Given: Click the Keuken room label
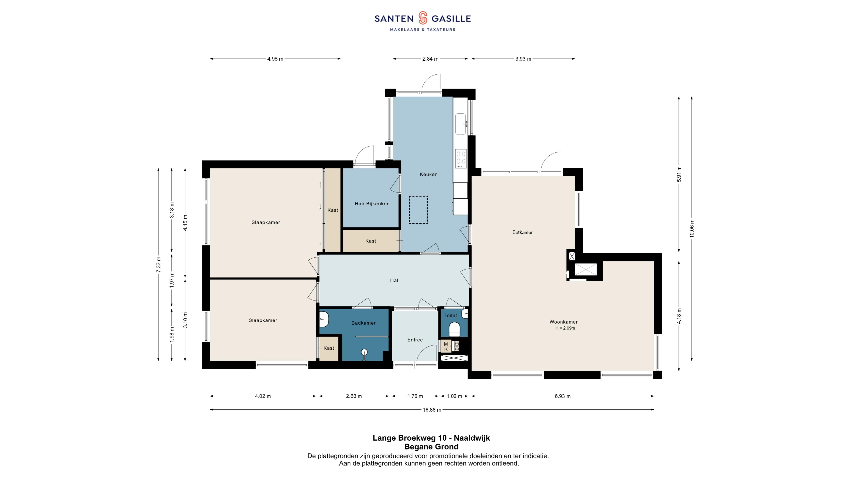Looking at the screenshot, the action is pos(429,174).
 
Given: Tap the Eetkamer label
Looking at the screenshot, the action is pos(522,232).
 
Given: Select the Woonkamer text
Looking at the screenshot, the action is pos(563,322).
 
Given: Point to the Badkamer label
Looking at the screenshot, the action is pos(363,323).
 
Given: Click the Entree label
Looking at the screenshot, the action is pos(415,340).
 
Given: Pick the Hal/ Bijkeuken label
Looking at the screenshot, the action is pos(372,204).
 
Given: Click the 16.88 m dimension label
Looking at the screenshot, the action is pos(432,410).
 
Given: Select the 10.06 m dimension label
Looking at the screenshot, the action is pos(692,228).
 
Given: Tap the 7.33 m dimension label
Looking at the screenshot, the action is pos(158,265).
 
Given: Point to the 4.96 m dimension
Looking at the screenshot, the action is pos(275,59).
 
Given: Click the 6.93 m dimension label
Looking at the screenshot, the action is pos(563,396).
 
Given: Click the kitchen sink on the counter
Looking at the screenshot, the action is pos(461,124).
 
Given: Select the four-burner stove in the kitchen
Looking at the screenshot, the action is pos(461,159).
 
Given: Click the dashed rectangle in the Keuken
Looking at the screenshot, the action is pos(418,210).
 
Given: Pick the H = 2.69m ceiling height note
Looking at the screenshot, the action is pos(565,328).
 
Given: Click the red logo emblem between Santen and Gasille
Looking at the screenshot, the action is pos(423,18).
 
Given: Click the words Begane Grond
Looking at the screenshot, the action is pos(431,447).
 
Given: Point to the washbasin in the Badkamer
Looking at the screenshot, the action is pos(324,319).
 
